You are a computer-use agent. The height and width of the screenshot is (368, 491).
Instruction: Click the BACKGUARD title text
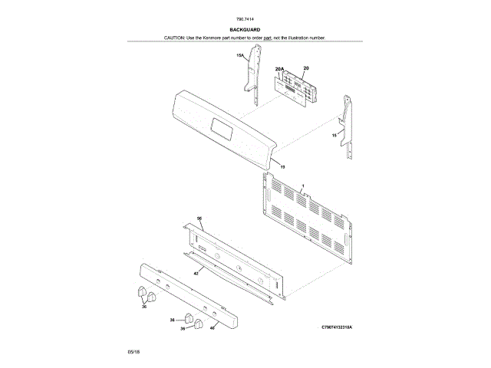pyautogui.click(x=245, y=29)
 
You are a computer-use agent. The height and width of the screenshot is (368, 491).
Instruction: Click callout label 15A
pyautogui.click(x=239, y=55)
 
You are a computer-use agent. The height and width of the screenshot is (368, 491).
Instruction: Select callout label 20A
pyautogui.click(x=280, y=69)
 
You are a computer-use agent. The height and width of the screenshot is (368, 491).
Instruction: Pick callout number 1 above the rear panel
pyautogui.click(x=302, y=186)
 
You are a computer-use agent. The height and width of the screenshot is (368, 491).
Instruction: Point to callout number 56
pyautogui.click(x=199, y=219)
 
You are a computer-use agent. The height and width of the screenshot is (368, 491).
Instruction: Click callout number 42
pyautogui.click(x=196, y=273)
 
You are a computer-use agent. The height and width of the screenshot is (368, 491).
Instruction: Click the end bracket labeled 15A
pyautogui.click(x=251, y=73)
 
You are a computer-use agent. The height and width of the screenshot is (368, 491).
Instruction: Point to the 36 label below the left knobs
pyautogui.click(x=143, y=306)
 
